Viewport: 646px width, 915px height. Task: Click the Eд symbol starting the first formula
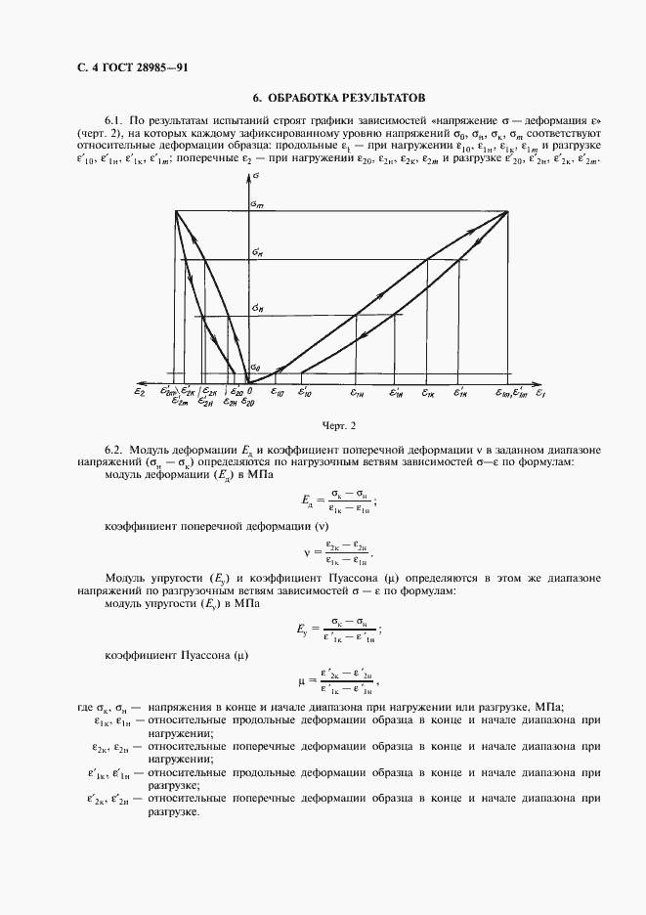tap(312, 501)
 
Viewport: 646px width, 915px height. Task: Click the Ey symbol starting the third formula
tap(312, 631)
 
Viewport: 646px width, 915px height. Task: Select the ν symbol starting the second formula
tap(306, 553)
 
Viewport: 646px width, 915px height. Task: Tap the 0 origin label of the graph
tap(249, 390)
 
